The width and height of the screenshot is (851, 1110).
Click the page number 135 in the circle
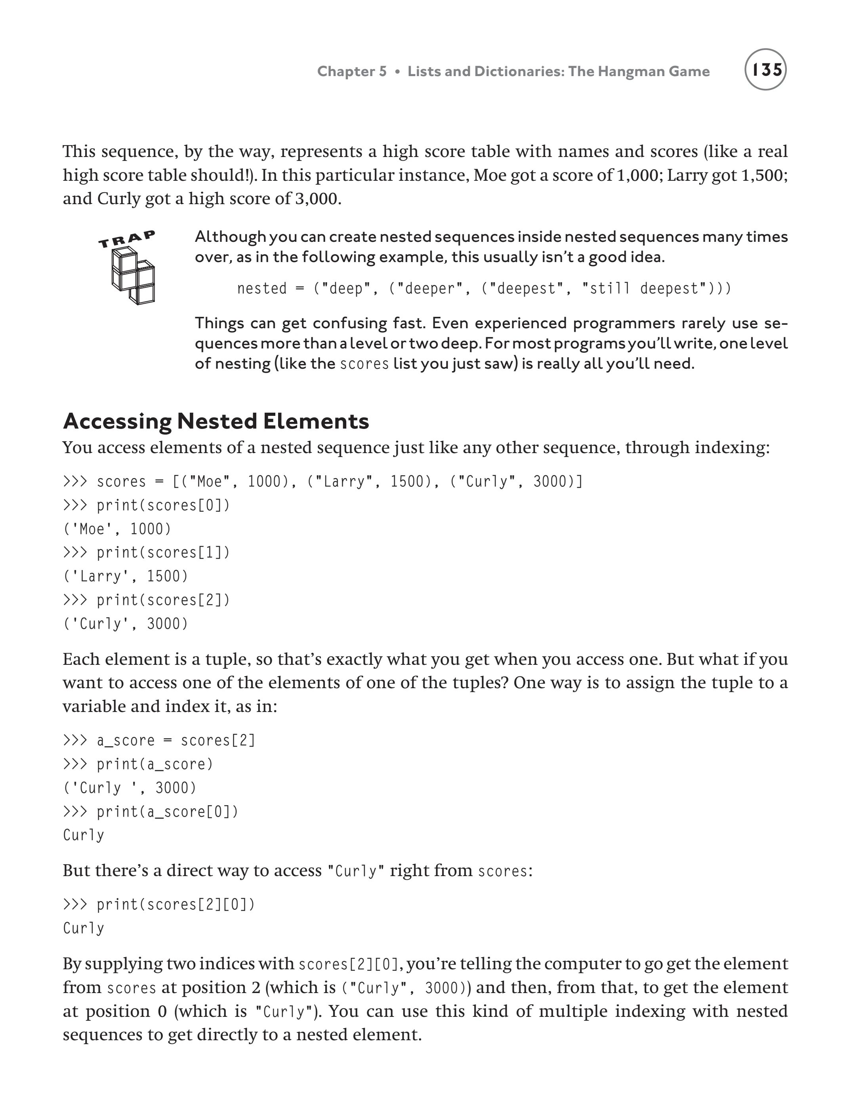coord(765,70)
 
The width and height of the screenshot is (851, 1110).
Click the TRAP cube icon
coord(133,276)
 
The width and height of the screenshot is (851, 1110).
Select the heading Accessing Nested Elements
coord(216,421)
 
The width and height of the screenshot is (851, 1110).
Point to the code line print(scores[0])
coord(163,505)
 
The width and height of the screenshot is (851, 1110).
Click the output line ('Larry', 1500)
coord(125,576)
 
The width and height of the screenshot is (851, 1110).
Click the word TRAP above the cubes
coord(127,239)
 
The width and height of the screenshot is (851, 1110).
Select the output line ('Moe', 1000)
coord(117,529)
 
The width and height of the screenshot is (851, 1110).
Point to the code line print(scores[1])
coord(163,553)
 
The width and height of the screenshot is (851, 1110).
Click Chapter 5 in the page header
coord(351,71)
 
